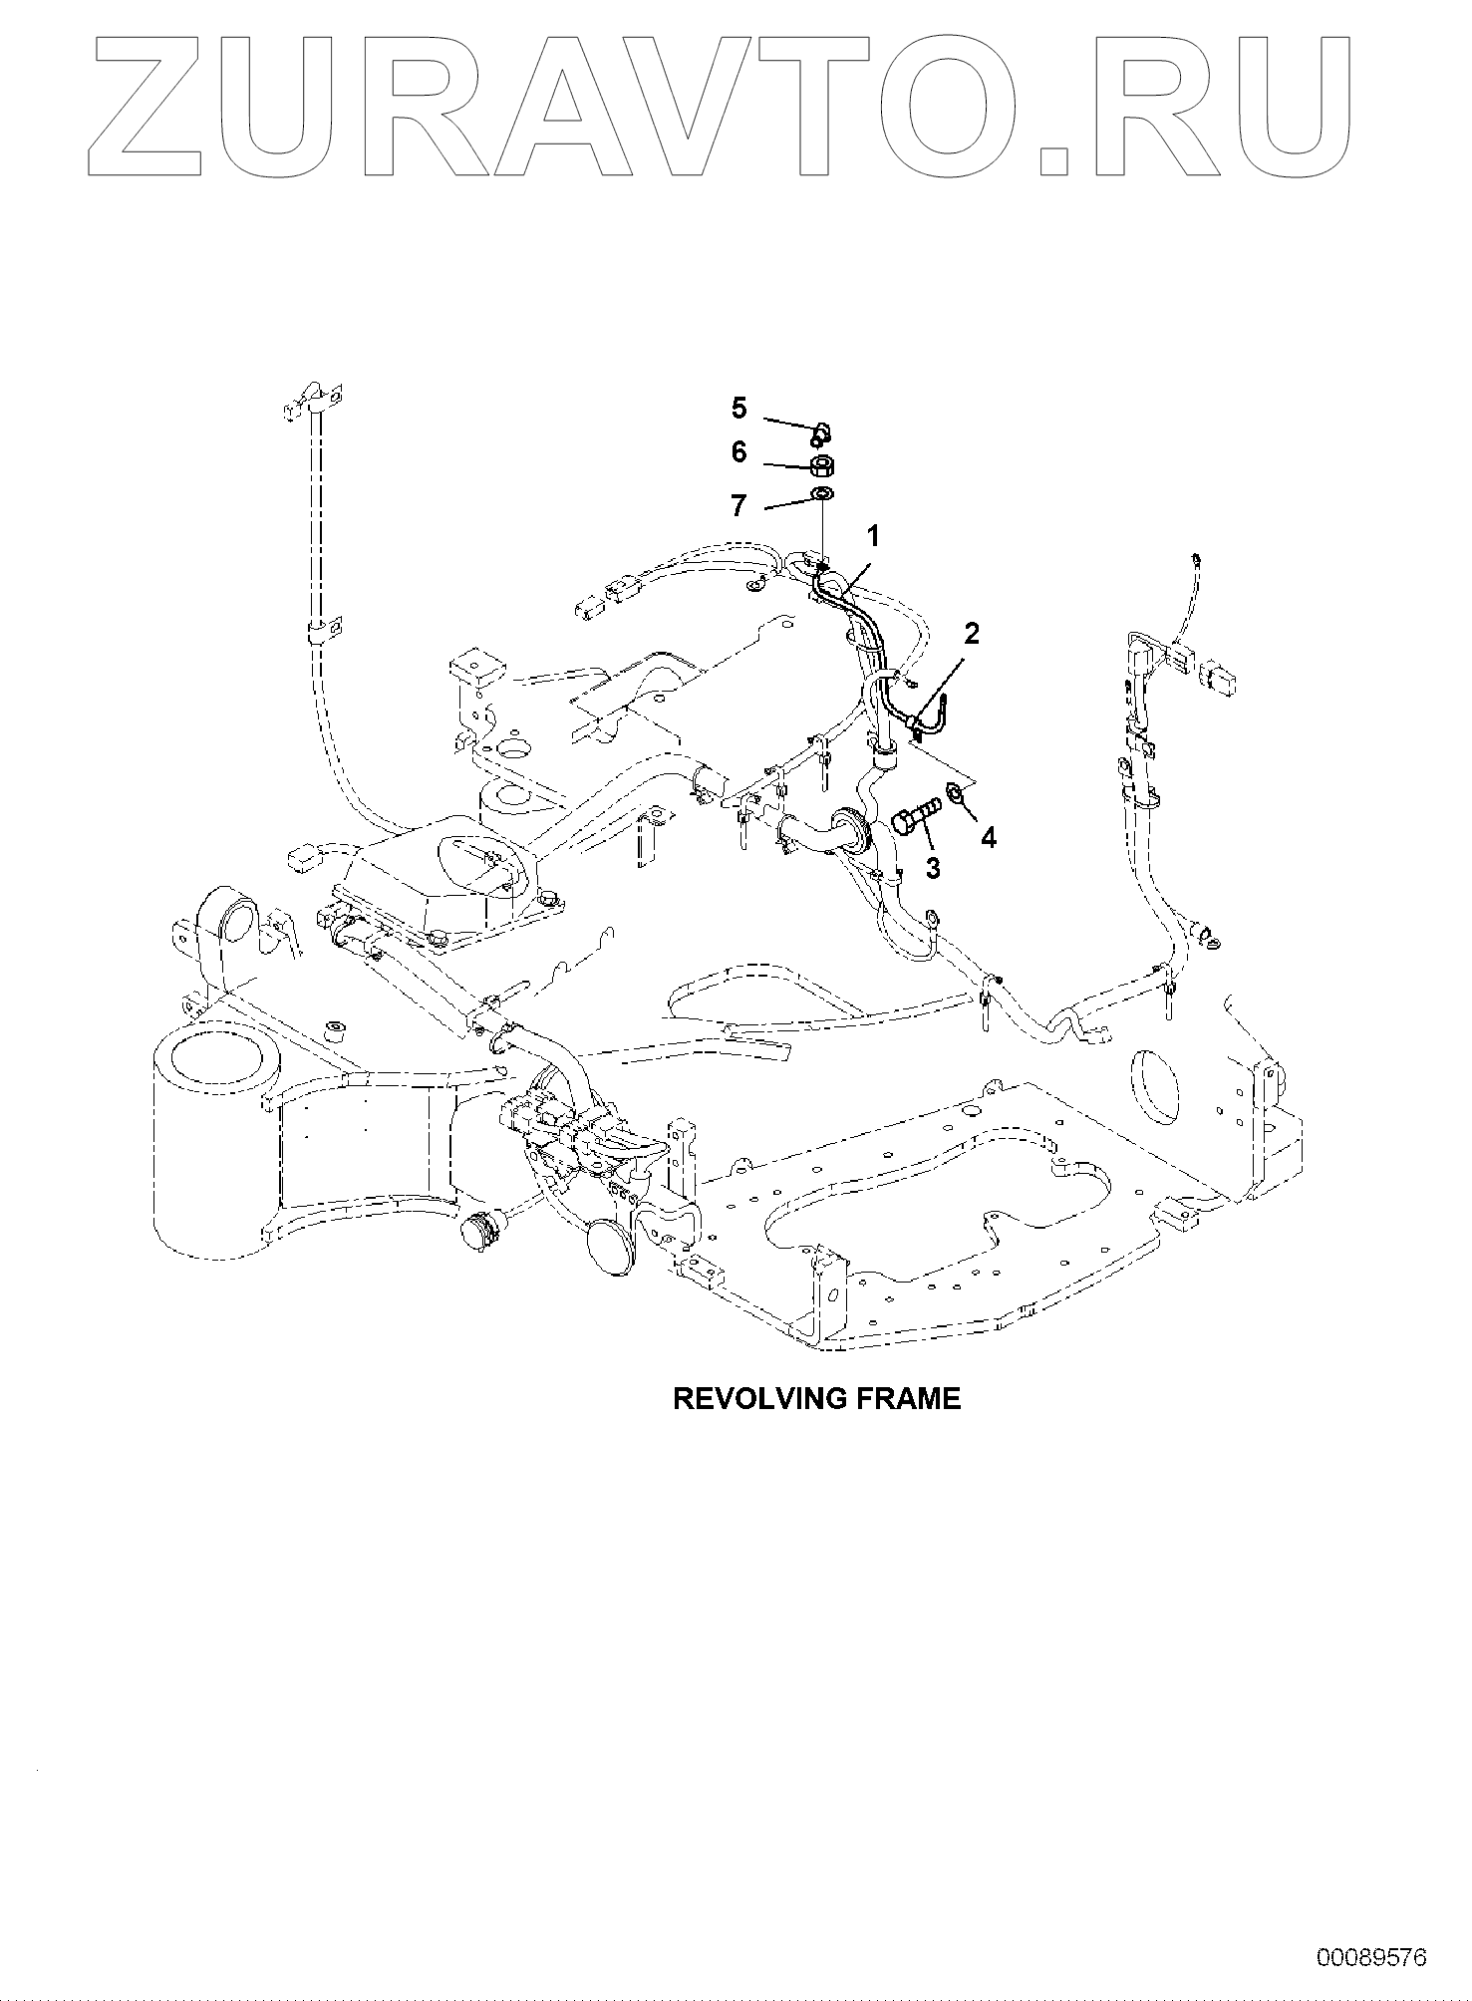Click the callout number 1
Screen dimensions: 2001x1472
873,538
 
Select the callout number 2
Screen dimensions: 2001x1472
971,632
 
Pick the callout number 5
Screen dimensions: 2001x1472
738,408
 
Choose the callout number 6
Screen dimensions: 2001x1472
738,453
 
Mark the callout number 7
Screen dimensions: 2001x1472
738,506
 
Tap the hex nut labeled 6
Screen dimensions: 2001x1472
822,466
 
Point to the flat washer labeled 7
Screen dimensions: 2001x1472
822,495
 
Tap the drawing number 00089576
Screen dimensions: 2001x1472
1371,1957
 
